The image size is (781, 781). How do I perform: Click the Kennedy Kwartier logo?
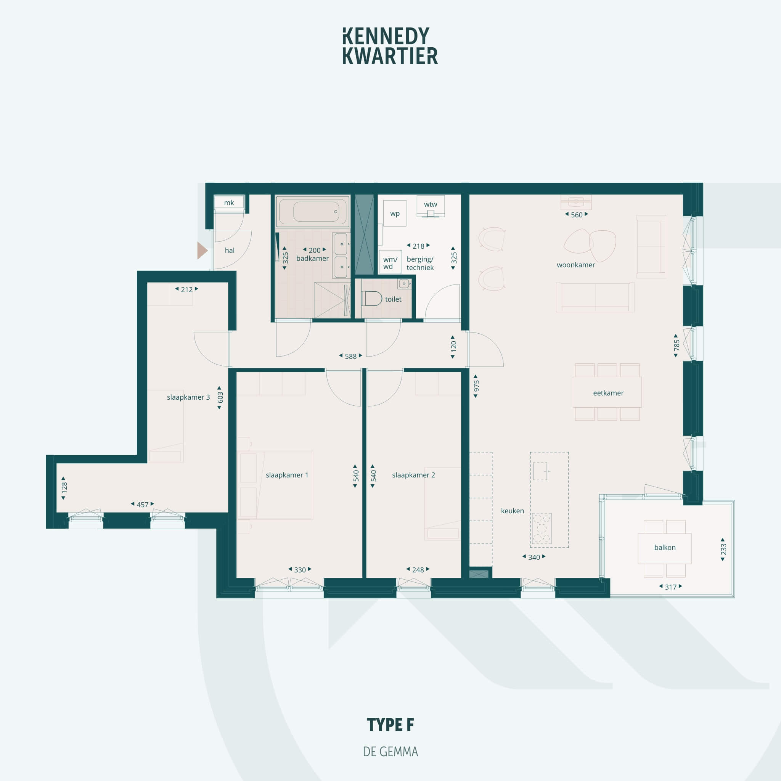point(390,46)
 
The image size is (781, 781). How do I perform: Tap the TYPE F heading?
point(390,725)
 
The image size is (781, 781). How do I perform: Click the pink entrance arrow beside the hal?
point(202,250)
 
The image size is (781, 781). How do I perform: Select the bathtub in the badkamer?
point(312,211)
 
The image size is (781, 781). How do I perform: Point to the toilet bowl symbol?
point(371,299)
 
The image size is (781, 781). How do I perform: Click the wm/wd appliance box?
point(390,262)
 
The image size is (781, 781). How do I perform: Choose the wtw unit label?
point(431,204)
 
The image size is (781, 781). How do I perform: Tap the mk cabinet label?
point(229,203)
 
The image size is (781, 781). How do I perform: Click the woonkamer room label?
point(575,265)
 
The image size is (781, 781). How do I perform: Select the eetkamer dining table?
point(607,392)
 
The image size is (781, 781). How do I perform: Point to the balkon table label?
point(665,548)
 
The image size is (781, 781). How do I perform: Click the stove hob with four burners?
point(542,528)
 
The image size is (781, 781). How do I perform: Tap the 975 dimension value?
point(476,386)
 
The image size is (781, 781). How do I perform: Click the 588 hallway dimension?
point(350,356)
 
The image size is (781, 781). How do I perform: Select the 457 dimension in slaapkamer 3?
point(142,505)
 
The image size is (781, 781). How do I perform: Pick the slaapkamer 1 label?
point(287,475)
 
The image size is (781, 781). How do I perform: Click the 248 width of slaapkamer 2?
point(418,570)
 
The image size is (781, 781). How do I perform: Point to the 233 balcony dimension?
point(723,550)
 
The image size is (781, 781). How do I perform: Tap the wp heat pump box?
point(395,213)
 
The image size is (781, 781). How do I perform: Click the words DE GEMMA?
point(390,752)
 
